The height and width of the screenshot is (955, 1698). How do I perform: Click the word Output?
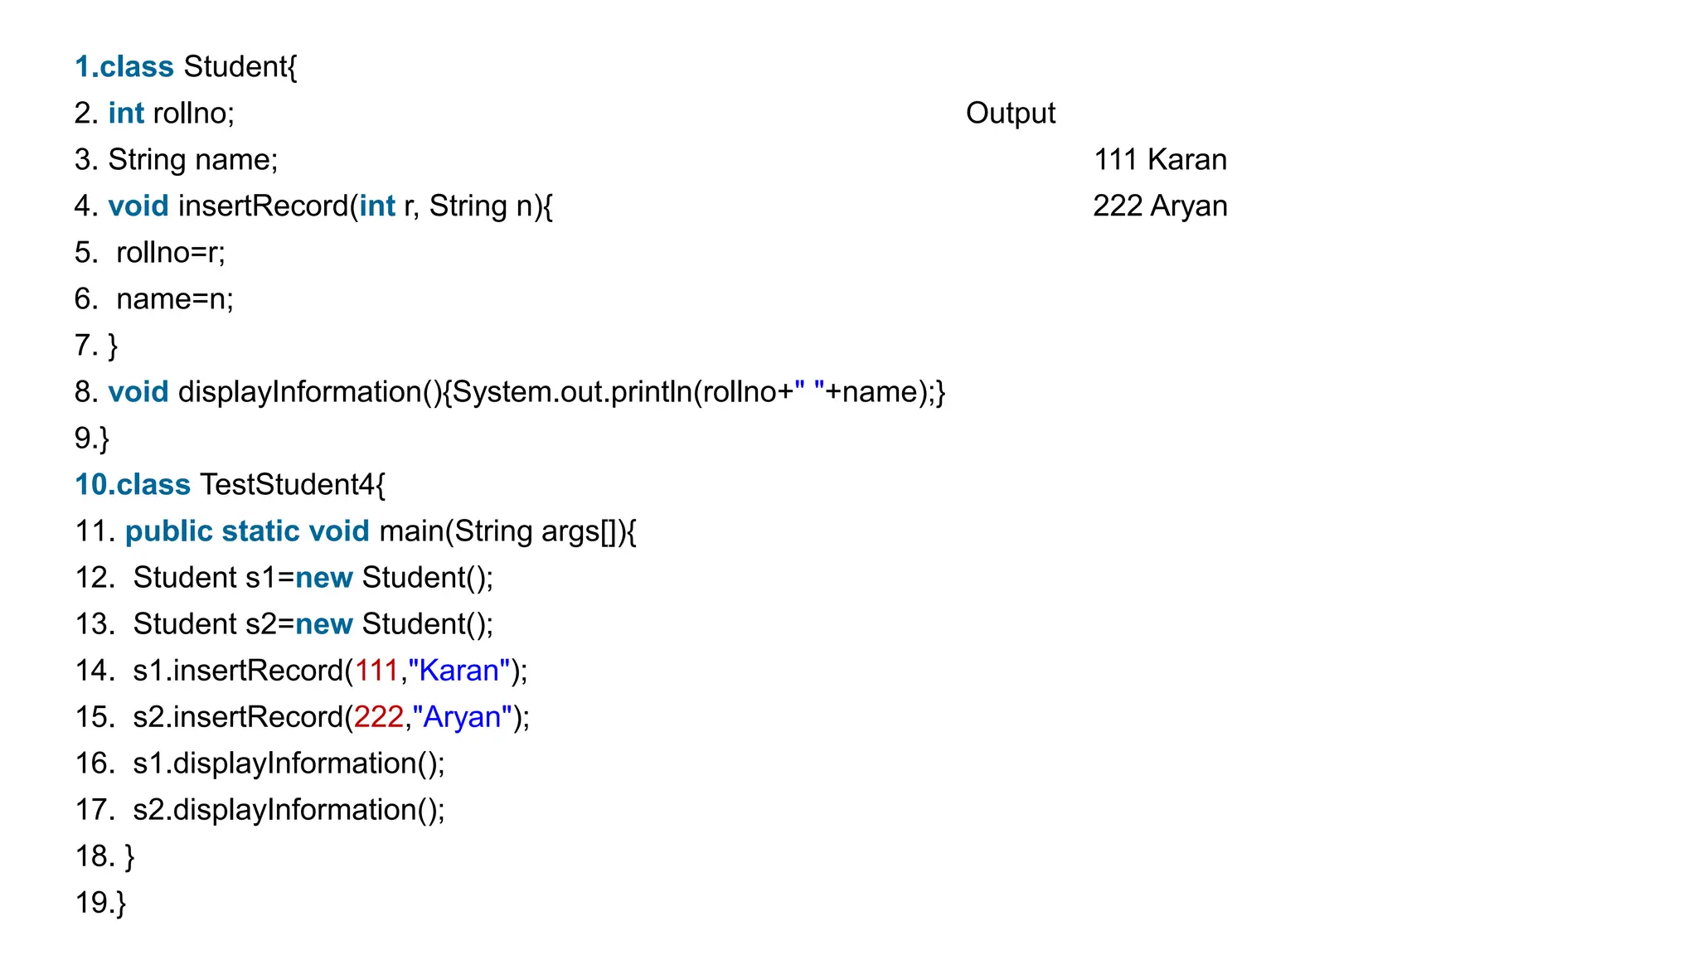click(x=1010, y=113)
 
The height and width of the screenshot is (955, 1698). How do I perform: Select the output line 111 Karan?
click(x=1159, y=159)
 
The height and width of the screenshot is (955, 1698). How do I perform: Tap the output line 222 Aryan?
click(x=1159, y=206)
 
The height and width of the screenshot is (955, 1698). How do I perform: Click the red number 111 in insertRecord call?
click(x=376, y=670)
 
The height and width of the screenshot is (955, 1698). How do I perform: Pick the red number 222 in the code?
click(x=379, y=716)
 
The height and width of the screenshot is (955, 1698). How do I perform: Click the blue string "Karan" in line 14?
click(x=458, y=670)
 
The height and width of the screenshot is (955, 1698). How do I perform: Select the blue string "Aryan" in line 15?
click(x=462, y=716)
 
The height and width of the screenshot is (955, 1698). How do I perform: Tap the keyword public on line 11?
click(x=168, y=531)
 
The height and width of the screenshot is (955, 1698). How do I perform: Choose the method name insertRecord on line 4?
click(x=264, y=206)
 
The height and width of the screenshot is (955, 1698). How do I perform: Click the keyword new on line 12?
click(x=323, y=577)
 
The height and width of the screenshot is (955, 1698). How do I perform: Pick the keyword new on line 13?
click(x=323, y=623)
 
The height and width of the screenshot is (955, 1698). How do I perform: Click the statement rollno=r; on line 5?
click(x=170, y=252)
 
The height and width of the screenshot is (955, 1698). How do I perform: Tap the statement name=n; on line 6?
click(x=174, y=298)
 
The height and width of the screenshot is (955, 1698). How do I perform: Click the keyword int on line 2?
click(x=126, y=113)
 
